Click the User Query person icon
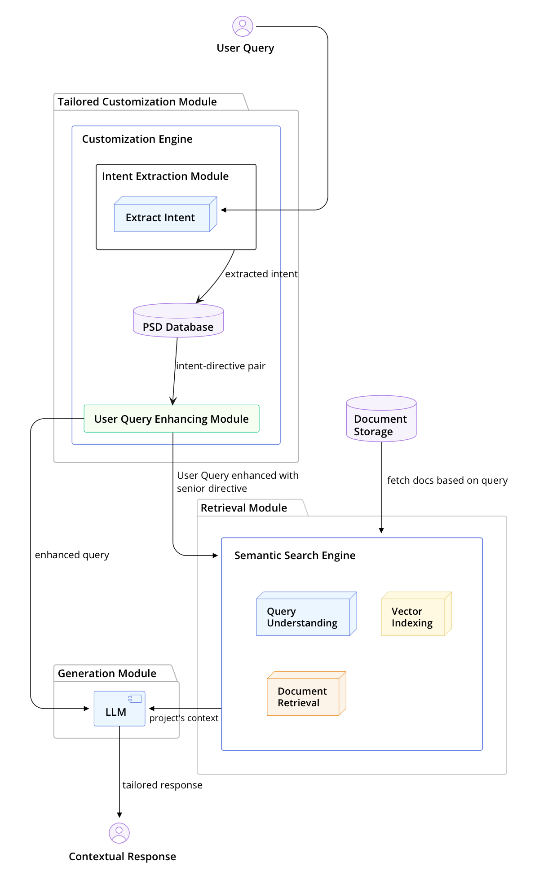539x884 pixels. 243,26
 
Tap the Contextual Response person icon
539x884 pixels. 119,833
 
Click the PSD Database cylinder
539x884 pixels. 178,321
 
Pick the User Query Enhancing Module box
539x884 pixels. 172,419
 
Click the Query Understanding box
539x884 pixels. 303,617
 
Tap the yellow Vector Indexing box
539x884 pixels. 413,617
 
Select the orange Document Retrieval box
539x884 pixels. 303,696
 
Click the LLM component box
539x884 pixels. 119,709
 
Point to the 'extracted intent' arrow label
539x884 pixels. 261,274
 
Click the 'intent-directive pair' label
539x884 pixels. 221,366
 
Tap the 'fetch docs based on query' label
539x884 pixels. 447,481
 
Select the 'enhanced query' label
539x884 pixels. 72,555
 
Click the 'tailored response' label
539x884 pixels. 162,785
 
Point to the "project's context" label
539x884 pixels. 184,718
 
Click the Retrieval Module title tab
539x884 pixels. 244,508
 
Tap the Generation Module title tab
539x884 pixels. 107,674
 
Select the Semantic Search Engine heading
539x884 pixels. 295,556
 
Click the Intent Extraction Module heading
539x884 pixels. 165,176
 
